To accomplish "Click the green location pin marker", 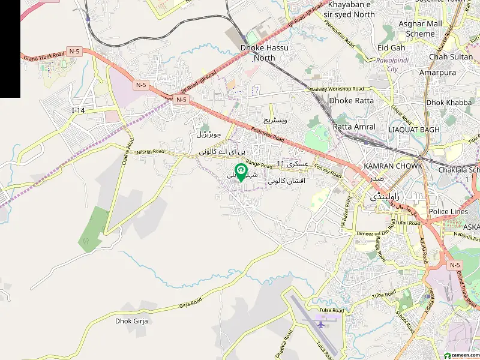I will pos(240,172).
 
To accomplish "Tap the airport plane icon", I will pos(320,325).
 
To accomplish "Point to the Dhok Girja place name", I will pos(131,321).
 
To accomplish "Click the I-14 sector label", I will pos(79,110).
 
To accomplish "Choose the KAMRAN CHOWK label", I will pos(393,166).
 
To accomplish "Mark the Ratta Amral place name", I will pos(354,127).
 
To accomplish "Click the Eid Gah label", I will pos(391,47).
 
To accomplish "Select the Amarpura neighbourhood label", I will pos(438,73).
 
